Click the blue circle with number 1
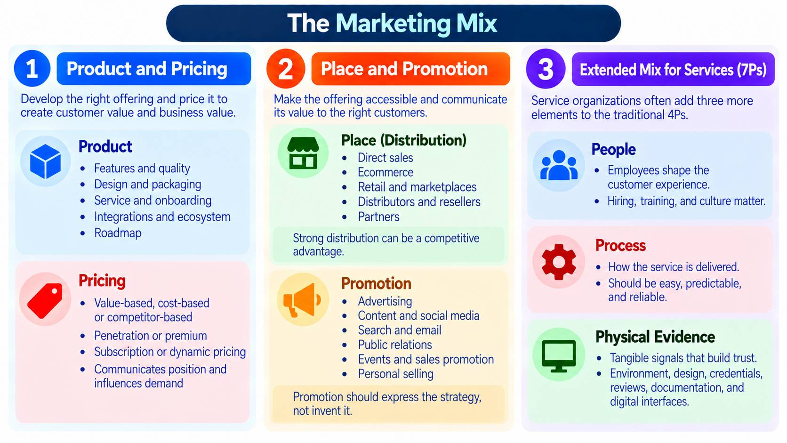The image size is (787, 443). pos(32,69)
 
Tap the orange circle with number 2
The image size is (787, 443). pos(286,69)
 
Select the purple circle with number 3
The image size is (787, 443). pos(546,69)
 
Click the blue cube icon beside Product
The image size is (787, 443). pos(45,161)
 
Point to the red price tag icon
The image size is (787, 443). pos(45,300)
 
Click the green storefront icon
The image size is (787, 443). pos(303,153)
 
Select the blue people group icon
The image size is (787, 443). pos(559,165)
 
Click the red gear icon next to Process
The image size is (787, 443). pos(559,262)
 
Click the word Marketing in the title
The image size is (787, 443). pos(393,24)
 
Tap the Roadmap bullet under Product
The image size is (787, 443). pos(118,233)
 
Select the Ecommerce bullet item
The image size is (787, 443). pos(385,172)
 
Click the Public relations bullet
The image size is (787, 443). pos(395,345)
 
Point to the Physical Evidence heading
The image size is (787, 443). pos(655,337)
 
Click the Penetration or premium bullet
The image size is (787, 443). pos(150,336)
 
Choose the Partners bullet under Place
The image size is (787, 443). pos(378,217)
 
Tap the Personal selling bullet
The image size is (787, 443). pos(395,374)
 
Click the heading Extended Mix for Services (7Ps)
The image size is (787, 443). pos(673,70)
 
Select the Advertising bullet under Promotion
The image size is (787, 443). pos(385,301)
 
